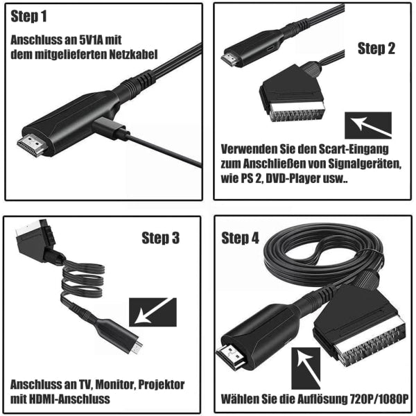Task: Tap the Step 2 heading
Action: tap(376, 49)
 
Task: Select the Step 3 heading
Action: tap(160, 238)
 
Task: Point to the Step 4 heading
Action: tap(241, 238)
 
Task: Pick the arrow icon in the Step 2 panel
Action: tap(367, 125)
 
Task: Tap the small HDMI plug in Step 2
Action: tap(232, 58)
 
